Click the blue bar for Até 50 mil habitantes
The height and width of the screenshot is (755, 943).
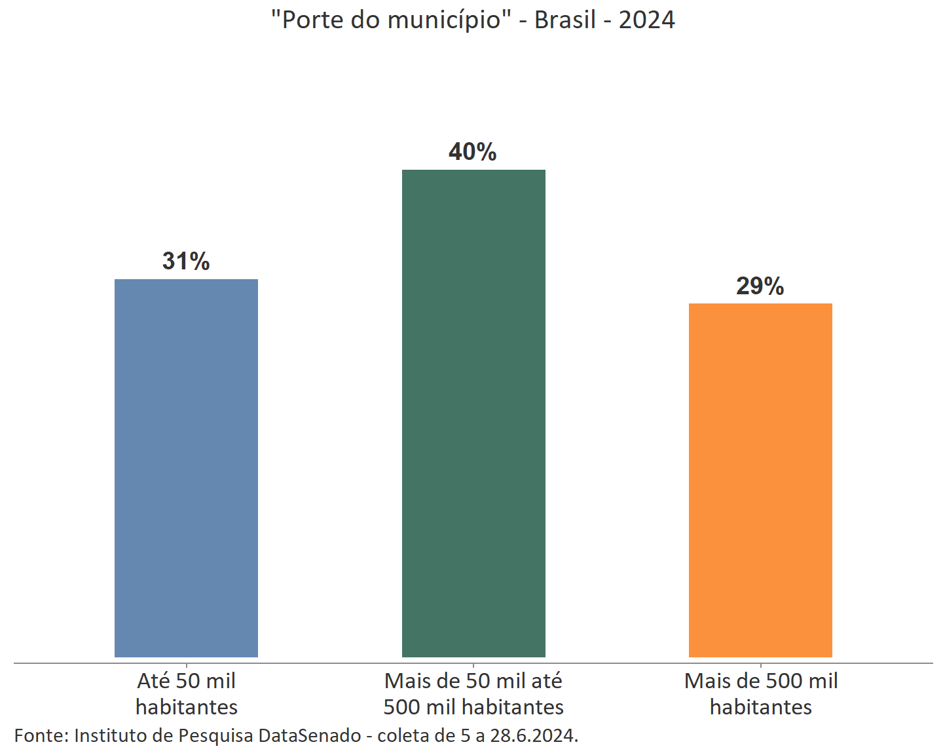tap(186, 468)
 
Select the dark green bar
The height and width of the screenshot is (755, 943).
tap(473, 413)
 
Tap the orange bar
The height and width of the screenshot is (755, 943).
tap(760, 480)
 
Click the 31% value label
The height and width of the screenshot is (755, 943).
tap(186, 261)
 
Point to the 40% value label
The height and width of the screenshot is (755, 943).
tap(473, 152)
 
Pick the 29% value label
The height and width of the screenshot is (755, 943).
tap(760, 286)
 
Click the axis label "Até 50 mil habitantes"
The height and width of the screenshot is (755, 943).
tap(186, 693)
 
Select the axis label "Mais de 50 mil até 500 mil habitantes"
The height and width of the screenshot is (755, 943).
tap(473, 693)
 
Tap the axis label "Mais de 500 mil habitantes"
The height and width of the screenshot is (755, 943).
tap(761, 693)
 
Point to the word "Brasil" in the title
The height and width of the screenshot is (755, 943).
tap(565, 20)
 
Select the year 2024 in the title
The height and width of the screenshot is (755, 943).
tap(647, 20)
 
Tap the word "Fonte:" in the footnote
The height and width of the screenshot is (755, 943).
tap(41, 735)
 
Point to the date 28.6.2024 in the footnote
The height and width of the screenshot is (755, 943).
tap(534, 735)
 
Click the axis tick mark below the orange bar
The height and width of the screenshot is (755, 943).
tap(760, 666)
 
